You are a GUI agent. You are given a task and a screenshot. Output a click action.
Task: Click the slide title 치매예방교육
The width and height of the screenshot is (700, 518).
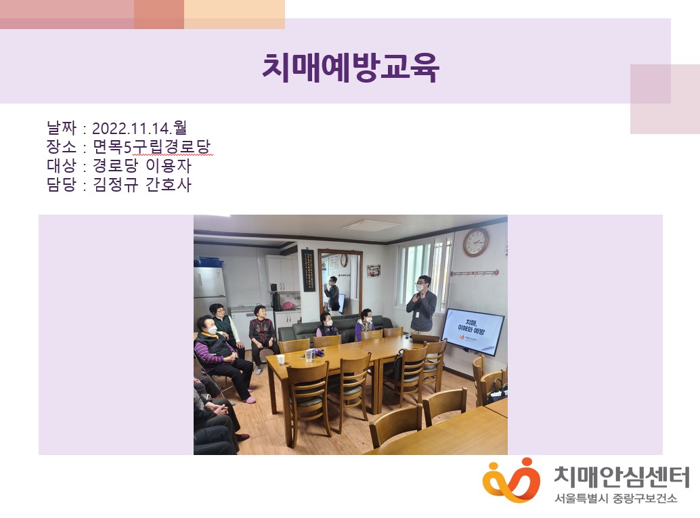click(x=351, y=68)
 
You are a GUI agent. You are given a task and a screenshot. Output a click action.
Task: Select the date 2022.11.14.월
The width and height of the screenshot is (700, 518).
click(x=139, y=129)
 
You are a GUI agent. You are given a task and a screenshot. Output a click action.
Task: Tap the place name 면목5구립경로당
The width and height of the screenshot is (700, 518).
click(x=152, y=147)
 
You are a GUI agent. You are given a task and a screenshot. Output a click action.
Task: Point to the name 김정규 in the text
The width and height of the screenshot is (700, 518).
click(x=116, y=184)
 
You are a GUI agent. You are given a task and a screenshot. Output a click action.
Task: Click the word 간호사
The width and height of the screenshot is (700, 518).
click(x=169, y=184)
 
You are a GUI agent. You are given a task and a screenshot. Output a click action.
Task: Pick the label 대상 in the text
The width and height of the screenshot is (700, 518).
click(x=62, y=166)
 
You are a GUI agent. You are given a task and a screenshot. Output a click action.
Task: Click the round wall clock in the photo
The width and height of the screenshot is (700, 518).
click(x=476, y=242)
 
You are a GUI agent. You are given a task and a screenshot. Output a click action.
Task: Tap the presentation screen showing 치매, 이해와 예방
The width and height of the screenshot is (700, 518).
click(x=473, y=331)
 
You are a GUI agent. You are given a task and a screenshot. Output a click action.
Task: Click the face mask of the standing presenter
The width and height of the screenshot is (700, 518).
click(x=420, y=288)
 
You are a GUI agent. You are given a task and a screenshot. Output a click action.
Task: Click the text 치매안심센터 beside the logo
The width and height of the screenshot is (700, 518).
click(x=622, y=477)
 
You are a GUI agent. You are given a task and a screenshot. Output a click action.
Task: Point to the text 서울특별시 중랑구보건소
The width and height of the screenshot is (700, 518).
click(x=616, y=498)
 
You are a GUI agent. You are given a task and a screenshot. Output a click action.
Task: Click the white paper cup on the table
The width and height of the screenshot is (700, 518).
click(x=280, y=360)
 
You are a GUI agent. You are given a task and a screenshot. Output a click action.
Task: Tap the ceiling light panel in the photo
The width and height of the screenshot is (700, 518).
click(x=370, y=225)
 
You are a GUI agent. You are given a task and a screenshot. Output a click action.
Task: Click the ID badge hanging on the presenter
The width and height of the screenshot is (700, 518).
click(x=417, y=314)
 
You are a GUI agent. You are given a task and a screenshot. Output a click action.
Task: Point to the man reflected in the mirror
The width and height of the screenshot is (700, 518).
click(x=332, y=293)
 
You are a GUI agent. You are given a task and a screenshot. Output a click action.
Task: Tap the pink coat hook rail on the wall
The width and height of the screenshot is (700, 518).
click(x=474, y=272)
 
